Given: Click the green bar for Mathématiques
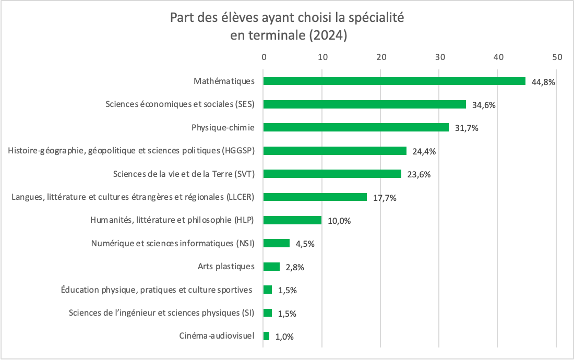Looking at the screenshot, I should point(394,81).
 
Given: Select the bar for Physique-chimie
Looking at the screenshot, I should point(356,127).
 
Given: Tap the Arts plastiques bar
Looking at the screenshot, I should point(271,267).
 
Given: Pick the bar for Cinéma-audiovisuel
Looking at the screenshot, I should point(266,336).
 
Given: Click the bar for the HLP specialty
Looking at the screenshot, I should point(292,220).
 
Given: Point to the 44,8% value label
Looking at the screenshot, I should point(543,82).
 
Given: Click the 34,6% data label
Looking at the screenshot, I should point(484,105).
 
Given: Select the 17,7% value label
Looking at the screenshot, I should point(385,198).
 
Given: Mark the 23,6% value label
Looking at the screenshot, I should point(418,175).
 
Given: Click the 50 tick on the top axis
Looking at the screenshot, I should point(557,57).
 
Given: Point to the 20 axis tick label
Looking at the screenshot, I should point(381,57).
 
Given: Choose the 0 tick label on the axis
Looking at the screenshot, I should point(264,57).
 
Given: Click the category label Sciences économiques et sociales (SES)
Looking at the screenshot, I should point(180,104).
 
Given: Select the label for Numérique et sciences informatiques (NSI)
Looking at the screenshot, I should point(172,243).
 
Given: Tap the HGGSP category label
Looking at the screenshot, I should point(131,150).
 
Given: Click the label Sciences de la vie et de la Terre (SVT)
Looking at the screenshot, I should point(184,174).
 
